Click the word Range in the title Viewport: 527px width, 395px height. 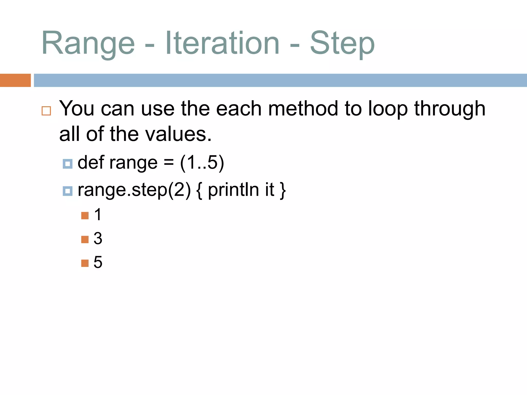88,43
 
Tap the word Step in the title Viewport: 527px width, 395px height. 342,43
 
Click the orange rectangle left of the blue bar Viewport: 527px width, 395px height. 15,80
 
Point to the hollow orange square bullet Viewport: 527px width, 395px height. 46,111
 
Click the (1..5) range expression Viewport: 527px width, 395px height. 202,163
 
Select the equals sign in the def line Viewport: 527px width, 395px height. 169,163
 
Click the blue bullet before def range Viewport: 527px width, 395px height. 68,164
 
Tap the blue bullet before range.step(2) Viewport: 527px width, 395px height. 68,191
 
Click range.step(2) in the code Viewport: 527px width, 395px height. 134,190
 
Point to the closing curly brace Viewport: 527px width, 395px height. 283,190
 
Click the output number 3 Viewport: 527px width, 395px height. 98,238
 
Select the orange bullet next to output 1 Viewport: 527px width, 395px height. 85,216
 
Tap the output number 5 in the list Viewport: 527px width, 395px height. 98,262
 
